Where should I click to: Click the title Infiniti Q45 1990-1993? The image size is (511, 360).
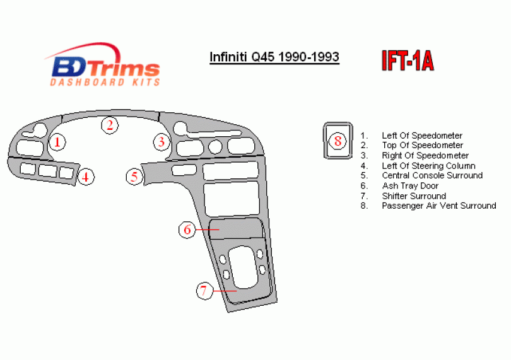274,57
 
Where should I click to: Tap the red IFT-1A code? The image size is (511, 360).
408,61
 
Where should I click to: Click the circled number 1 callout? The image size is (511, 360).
57,142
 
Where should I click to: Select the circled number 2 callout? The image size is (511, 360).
110,125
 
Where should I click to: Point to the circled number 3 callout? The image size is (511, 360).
162,142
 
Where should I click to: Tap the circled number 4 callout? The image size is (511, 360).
85,177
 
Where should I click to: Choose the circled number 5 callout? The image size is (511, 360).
134,177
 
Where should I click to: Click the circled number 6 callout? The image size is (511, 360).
187,229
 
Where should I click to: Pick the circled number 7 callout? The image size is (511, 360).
204,290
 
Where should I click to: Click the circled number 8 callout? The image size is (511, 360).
338,141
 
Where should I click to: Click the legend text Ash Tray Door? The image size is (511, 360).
410,186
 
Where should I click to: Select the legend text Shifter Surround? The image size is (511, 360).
414,196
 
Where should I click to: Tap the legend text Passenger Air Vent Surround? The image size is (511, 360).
439,206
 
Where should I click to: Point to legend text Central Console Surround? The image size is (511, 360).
432,175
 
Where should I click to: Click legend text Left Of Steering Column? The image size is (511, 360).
428,166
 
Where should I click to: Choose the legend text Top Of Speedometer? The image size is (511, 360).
422,145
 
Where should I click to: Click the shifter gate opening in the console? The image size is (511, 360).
243,268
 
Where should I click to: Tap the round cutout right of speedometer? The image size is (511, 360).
215,146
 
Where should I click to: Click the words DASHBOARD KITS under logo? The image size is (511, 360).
105,82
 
